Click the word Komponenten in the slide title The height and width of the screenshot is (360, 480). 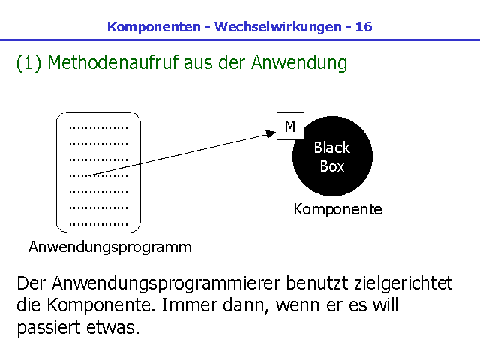click(x=154, y=27)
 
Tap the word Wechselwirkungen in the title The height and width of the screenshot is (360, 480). click(x=278, y=27)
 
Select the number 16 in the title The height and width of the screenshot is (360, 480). click(x=364, y=27)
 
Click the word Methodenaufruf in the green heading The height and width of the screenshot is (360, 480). click(x=113, y=63)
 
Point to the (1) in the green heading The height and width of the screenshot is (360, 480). click(x=28, y=63)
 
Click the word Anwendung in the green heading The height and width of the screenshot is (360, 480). click(x=299, y=63)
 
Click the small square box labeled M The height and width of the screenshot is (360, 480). click(x=290, y=126)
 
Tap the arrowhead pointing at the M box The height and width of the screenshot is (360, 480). click(x=271, y=134)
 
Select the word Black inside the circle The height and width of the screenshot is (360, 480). click(x=332, y=148)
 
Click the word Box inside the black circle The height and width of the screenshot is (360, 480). click(x=332, y=166)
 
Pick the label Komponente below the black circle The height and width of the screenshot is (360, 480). click(x=338, y=210)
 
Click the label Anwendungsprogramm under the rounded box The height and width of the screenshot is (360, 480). click(x=110, y=247)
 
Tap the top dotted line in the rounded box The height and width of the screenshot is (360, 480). click(x=98, y=127)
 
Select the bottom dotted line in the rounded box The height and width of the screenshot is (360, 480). click(x=98, y=224)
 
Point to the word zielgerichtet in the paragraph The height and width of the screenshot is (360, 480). click(x=403, y=283)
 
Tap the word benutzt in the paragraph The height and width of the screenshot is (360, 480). click(x=317, y=283)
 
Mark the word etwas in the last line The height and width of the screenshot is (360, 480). click(x=113, y=328)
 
